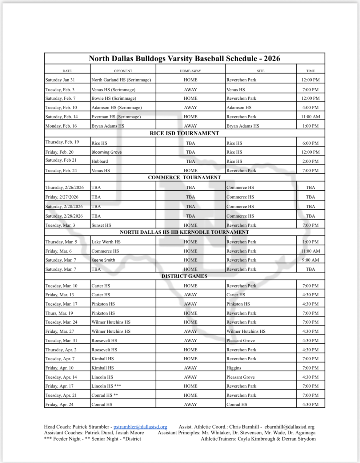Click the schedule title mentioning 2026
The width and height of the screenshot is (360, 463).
[184, 59]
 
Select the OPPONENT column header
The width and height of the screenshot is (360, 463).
[123, 71]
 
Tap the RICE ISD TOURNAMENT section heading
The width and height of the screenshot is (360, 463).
[184, 133]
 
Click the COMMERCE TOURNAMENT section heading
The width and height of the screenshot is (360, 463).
[184, 177]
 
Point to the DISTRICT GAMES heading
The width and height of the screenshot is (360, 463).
[184, 276]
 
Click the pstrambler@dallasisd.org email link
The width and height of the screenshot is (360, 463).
[140, 427]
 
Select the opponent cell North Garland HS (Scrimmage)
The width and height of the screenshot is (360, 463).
[121, 80]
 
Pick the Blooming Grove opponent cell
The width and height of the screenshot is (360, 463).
[106, 152]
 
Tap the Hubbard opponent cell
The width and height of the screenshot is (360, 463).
[99, 161]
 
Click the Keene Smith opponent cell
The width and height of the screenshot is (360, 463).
[103, 260]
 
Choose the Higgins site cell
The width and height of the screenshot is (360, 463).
[234, 368]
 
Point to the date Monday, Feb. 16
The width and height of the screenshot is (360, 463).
[61, 126]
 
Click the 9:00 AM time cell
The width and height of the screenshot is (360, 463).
[310, 260]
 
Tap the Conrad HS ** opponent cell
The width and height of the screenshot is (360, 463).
[105, 395]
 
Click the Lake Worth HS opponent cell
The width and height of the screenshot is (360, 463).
[106, 242]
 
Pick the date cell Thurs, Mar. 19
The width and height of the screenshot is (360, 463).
[59, 313]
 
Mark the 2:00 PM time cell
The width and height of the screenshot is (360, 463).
[310, 161]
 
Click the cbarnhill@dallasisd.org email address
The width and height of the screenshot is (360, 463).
[289, 427]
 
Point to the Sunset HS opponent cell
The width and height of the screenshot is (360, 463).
[101, 225]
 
